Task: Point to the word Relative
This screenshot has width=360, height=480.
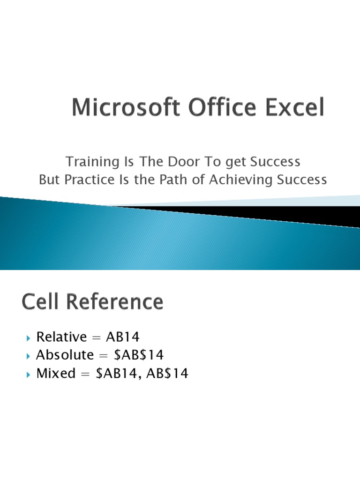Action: (62, 337)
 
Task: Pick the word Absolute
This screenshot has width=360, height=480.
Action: (65, 355)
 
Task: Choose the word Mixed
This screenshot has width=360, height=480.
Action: (56, 374)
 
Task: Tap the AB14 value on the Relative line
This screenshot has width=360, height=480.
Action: (123, 337)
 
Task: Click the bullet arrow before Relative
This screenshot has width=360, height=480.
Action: (28, 337)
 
